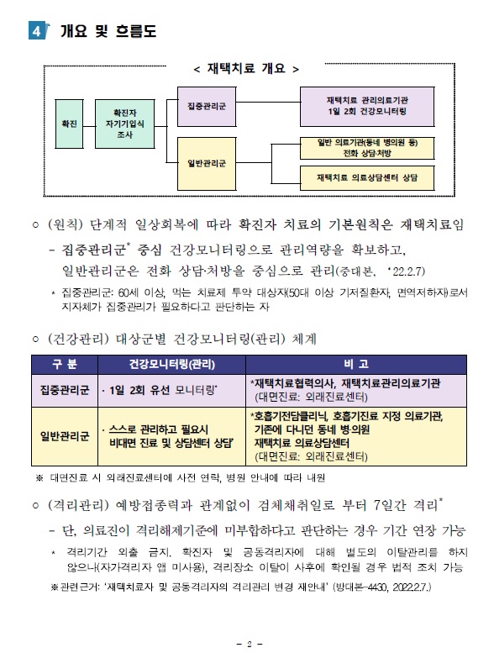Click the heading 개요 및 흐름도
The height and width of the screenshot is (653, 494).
coord(108,31)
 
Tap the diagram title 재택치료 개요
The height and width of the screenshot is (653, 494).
coord(246,68)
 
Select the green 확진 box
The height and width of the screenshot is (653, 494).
coord(69,124)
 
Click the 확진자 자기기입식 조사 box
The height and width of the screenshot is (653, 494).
coord(125,124)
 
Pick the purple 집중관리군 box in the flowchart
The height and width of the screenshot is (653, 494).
coord(207,106)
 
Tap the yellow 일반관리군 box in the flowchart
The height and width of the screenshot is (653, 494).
coord(207,163)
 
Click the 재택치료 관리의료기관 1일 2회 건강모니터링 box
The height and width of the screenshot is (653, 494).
coord(367,106)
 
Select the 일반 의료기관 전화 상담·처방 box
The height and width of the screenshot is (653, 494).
coord(367,148)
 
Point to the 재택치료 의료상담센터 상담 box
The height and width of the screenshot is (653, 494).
coord(367,178)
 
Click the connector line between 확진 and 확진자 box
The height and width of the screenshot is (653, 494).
coord(89,125)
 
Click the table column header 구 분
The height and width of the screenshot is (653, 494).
coord(65,365)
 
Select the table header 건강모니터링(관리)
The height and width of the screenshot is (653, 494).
coord(172,365)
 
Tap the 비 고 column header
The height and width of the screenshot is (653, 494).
coord(356,365)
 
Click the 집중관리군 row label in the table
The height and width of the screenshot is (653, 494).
coord(65,390)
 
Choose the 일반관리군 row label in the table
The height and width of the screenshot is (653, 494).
coord(65,436)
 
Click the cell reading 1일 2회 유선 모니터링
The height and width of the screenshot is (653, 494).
coord(160,390)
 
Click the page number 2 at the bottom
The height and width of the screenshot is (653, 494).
coord(250,644)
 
